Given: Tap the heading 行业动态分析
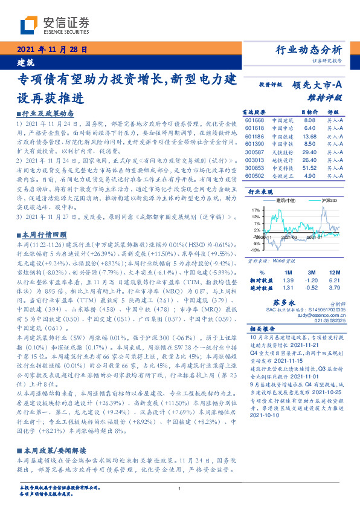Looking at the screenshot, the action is click(309, 50).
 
